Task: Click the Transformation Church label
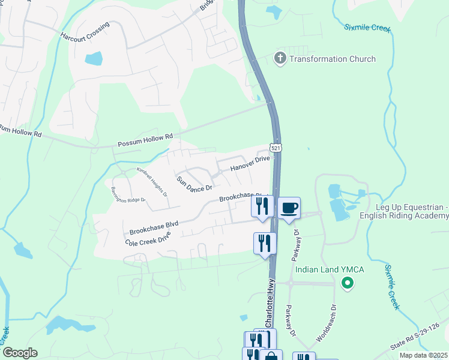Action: coord(333,59)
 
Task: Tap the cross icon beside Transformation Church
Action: coord(280,59)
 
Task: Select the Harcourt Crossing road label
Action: coord(85,32)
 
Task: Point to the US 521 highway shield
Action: coord(276,148)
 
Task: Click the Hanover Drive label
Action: coord(250,163)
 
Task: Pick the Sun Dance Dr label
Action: coord(194,184)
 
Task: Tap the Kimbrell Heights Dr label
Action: coord(152,182)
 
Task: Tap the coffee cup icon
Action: coord(289,208)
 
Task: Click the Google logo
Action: coord(20,353)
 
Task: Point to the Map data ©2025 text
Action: coord(423,355)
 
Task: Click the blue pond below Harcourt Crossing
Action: coord(94,59)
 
